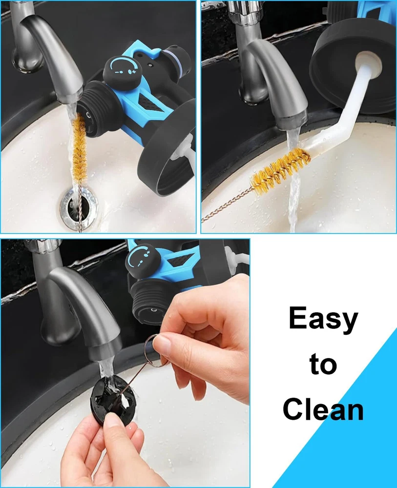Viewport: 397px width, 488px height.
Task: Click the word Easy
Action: [323, 319]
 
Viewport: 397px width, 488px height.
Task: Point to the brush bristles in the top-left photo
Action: [79, 146]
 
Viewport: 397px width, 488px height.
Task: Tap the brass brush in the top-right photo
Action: [280, 170]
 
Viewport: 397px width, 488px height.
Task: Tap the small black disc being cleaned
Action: [113, 400]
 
